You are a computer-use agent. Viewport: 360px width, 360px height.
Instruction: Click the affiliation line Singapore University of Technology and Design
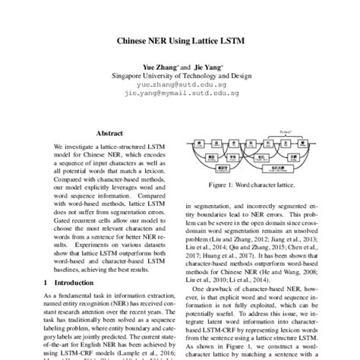(179, 77)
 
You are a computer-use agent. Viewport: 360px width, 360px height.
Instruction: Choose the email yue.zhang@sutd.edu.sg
(179, 87)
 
